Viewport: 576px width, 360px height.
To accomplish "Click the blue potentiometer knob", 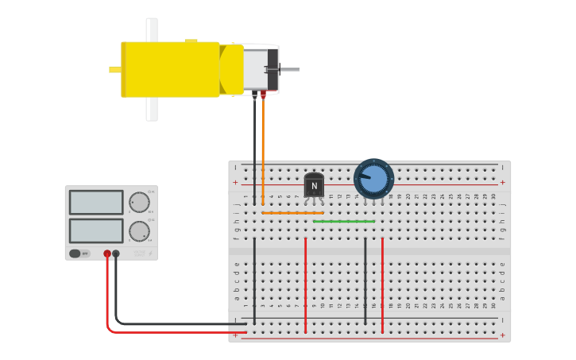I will (373, 179).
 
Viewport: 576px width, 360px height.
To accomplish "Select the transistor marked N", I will (314, 185).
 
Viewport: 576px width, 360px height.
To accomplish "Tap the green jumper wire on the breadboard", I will (344, 221).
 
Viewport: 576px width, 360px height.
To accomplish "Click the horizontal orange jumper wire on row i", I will (292, 212).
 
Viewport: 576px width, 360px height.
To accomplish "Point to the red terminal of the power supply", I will (107, 254).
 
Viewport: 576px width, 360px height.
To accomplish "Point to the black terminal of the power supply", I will (116, 254).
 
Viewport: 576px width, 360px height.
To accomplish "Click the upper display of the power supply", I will (96, 202).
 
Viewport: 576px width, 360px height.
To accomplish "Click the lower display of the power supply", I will (96, 230).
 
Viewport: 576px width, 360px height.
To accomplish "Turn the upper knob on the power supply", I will (139, 202).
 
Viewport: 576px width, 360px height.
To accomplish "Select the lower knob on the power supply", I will (139, 231).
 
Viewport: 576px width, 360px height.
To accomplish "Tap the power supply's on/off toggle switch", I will (75, 254).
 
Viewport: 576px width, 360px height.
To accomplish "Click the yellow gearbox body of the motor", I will (171, 69).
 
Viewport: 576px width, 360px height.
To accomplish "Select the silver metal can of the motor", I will (256, 69).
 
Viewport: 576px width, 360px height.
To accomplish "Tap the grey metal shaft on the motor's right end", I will (290, 70).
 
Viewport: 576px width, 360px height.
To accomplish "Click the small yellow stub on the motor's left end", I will (114, 69).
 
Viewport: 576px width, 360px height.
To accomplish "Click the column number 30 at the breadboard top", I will (493, 195).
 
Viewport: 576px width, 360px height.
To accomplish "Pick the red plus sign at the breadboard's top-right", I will (502, 182).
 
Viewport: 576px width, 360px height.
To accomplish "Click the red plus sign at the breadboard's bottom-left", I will (235, 335).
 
